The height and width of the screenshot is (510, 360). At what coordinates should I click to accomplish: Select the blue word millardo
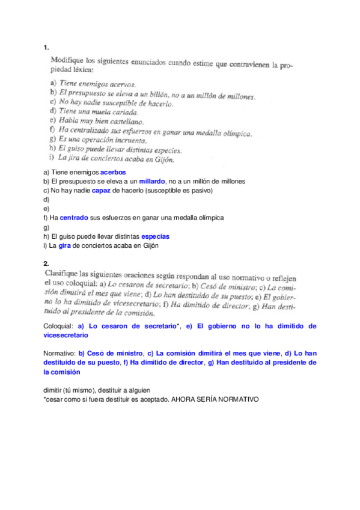tap(151, 181)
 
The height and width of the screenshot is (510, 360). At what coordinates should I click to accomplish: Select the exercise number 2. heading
tap(46, 263)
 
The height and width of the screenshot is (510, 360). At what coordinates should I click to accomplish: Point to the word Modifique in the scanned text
tap(68, 61)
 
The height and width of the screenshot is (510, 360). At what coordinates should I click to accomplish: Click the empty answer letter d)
tap(46, 199)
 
